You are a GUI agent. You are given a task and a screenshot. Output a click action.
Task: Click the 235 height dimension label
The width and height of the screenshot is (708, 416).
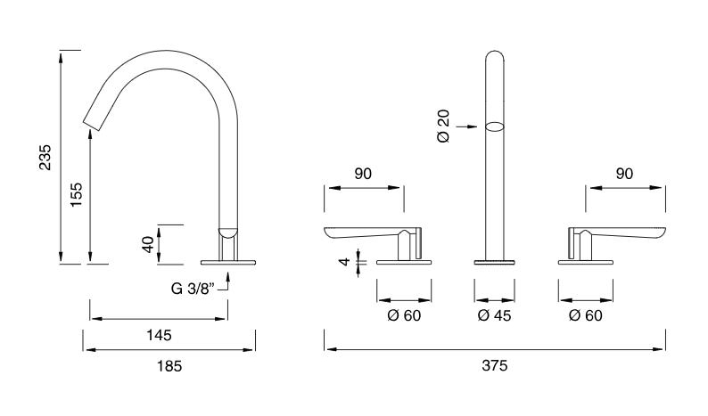click(45, 158)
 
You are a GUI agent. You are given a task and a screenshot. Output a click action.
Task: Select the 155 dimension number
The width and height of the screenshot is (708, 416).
click(77, 195)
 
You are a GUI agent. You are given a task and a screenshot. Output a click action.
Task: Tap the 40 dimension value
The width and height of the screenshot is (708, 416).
click(148, 245)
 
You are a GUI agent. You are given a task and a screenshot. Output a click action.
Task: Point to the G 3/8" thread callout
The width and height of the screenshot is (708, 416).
click(192, 289)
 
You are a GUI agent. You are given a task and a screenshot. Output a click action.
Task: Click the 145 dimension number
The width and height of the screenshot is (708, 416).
click(159, 335)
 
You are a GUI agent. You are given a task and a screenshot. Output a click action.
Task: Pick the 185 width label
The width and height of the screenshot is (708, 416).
click(169, 366)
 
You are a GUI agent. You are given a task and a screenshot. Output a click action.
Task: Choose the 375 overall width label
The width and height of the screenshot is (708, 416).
click(495, 365)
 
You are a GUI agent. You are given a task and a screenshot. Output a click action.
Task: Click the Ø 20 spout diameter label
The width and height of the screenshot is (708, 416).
click(444, 126)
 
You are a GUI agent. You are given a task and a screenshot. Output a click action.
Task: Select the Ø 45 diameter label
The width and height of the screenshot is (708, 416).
click(494, 315)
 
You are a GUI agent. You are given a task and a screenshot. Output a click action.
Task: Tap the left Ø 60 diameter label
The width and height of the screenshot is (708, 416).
click(404, 315)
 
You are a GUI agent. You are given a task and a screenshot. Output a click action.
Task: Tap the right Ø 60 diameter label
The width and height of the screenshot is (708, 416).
click(586, 315)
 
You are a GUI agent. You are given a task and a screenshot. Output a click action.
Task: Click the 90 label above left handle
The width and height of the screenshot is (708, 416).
click(363, 174)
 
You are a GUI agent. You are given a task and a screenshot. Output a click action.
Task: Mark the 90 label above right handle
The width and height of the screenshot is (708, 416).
click(624, 174)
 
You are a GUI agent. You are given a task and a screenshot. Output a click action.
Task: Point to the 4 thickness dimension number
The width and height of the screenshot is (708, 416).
click(344, 261)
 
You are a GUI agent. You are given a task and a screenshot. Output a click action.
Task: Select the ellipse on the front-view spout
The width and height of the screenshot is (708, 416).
click(494, 126)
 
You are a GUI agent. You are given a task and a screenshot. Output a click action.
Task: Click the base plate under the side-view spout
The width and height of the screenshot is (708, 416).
click(228, 262)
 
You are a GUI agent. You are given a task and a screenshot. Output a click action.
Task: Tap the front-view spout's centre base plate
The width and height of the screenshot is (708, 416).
click(494, 262)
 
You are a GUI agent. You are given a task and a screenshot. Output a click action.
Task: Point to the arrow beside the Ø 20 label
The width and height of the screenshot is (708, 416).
click(466, 126)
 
